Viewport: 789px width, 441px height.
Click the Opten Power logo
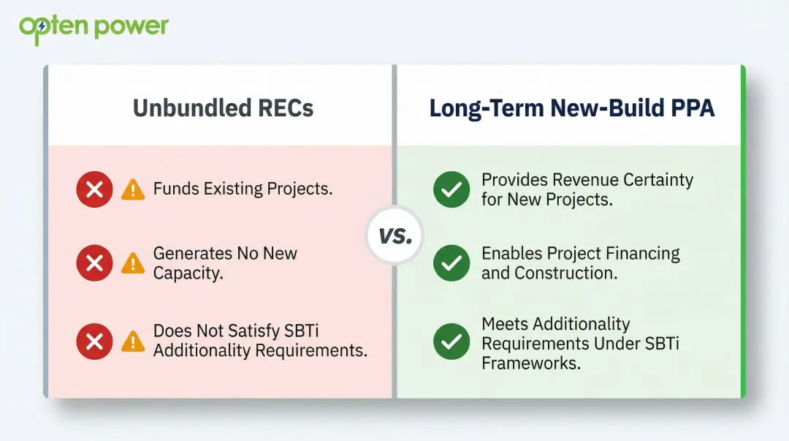94,28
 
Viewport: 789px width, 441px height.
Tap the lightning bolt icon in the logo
42,27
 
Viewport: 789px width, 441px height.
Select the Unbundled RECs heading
223,108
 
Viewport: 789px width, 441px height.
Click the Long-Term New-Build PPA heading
571,108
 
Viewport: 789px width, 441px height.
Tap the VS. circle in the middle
394,236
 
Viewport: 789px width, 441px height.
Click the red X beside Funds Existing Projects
94,189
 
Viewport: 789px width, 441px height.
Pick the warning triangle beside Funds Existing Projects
133,190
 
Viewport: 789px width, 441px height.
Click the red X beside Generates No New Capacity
94,263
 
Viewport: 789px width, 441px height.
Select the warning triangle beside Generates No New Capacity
133,263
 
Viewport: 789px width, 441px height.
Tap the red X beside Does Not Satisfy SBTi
94,341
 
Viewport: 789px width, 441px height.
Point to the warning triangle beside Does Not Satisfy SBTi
133,341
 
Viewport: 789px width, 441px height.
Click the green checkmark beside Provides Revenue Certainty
451,189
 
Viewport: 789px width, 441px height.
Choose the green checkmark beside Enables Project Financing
451,263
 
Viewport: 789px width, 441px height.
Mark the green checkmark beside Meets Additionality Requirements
451,342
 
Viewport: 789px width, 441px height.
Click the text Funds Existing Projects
243,189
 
